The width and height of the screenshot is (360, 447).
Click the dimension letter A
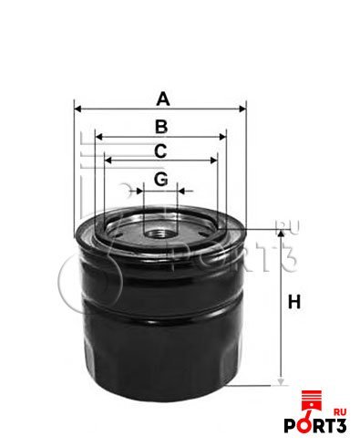163,99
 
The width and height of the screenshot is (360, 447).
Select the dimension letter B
161,127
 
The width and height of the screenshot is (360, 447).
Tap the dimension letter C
160,151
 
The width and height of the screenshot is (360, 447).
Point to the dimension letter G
160,179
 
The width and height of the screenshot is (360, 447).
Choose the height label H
294,302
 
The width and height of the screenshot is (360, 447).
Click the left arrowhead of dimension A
78,109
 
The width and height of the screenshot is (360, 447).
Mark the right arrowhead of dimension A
242,109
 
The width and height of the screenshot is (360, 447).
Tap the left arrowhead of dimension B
99,137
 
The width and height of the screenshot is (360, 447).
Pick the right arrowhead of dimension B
222,137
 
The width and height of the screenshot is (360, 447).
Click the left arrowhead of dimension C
108,161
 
